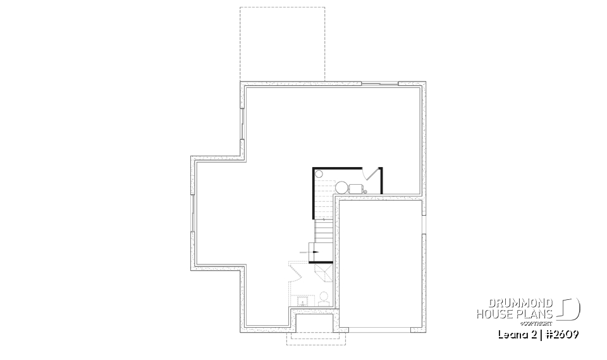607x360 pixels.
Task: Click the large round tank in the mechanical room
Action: [341, 187]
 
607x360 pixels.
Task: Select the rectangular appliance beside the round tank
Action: [355, 187]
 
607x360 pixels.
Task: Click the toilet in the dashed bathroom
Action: [324, 297]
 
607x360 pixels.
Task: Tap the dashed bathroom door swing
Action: [297, 270]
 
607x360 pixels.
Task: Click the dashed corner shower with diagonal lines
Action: [323, 271]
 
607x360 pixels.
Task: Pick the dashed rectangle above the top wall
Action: [282, 44]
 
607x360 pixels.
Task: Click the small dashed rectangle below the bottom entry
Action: [316, 338]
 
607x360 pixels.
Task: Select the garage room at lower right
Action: [379, 263]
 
